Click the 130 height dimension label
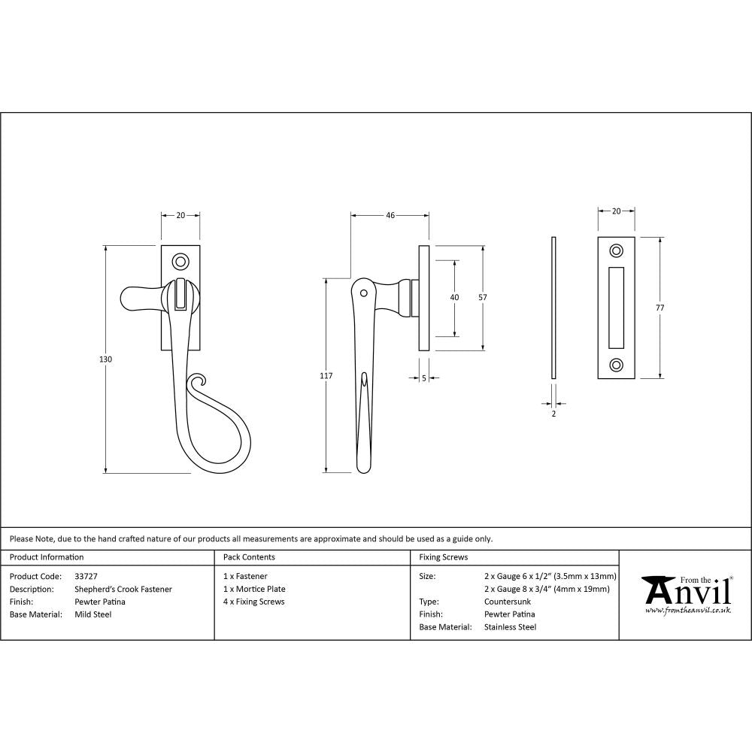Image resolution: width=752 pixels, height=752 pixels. tap(106, 359)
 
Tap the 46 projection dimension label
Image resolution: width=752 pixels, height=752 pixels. tap(390, 216)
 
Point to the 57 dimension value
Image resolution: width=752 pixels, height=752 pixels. tap(483, 297)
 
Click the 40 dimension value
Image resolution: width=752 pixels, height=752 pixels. tap(454, 297)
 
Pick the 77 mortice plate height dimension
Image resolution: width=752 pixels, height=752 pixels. tap(660, 308)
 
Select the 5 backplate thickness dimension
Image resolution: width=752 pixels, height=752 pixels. tap(424, 379)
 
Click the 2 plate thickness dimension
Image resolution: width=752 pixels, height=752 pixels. tap(553, 414)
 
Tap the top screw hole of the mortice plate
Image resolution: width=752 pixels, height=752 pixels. tap(617, 250)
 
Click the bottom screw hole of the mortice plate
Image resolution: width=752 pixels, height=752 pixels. tap(617, 365)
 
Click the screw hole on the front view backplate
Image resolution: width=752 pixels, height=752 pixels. tap(180, 262)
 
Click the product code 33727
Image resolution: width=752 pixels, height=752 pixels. tap(86, 576)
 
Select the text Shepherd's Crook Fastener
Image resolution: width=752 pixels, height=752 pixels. tap(123, 589)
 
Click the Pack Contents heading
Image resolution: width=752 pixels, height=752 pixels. tap(249, 557)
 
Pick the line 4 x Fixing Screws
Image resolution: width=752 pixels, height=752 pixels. tap(254, 602)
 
